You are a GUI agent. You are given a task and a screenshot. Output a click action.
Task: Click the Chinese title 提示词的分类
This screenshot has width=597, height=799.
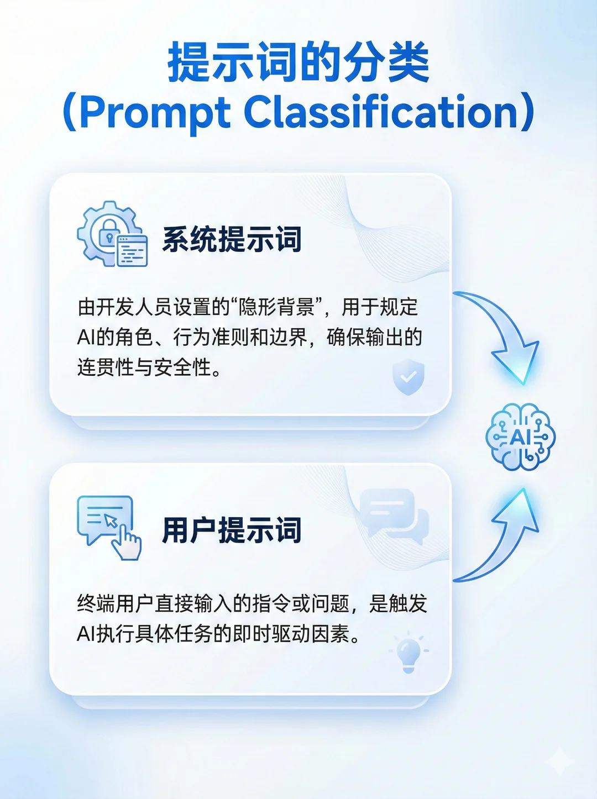(x=298, y=62)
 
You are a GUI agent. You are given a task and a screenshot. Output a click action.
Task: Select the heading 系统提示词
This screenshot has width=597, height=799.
(x=232, y=239)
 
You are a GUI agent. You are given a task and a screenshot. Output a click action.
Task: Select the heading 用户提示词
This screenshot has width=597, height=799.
(x=232, y=530)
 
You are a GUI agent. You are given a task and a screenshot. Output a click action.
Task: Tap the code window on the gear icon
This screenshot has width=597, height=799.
(x=132, y=250)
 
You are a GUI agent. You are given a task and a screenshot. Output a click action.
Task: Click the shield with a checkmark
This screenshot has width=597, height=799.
(x=409, y=376)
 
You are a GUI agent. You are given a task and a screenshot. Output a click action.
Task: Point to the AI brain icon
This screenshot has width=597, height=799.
(x=521, y=437)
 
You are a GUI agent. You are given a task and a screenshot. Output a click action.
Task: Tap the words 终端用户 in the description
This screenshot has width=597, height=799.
(x=115, y=604)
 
